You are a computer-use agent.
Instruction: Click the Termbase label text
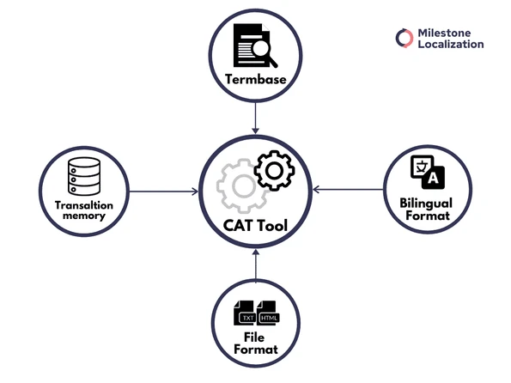(x=255, y=81)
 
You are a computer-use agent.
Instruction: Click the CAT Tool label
(x=255, y=228)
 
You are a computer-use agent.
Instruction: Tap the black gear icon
(x=274, y=171)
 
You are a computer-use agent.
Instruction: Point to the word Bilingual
(x=426, y=204)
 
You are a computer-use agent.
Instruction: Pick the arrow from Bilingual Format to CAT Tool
(x=348, y=187)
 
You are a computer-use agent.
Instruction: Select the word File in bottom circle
(x=255, y=339)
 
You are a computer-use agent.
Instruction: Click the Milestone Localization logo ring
(x=405, y=38)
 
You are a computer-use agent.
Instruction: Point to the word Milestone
(x=450, y=32)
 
